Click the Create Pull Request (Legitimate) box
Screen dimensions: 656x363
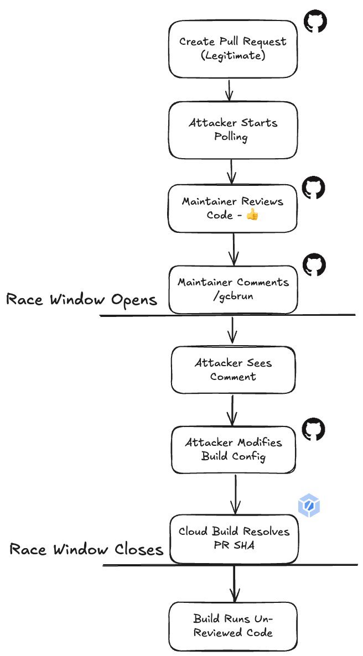pos(232,49)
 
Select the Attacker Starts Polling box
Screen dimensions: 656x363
pos(232,129)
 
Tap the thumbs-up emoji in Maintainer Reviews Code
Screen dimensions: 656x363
pos(252,215)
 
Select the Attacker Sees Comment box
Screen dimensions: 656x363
pos(233,370)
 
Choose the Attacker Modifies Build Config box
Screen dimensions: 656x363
pos(234,450)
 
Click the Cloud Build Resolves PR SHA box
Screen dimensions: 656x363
pos(234,538)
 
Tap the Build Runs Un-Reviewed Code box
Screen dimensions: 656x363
pos(233,626)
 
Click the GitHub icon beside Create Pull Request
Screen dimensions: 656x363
pos(315,22)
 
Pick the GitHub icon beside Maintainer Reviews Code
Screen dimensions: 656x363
pos(314,188)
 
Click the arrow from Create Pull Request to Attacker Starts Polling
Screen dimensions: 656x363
pos(229,90)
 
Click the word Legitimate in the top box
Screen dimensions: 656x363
pos(233,56)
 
